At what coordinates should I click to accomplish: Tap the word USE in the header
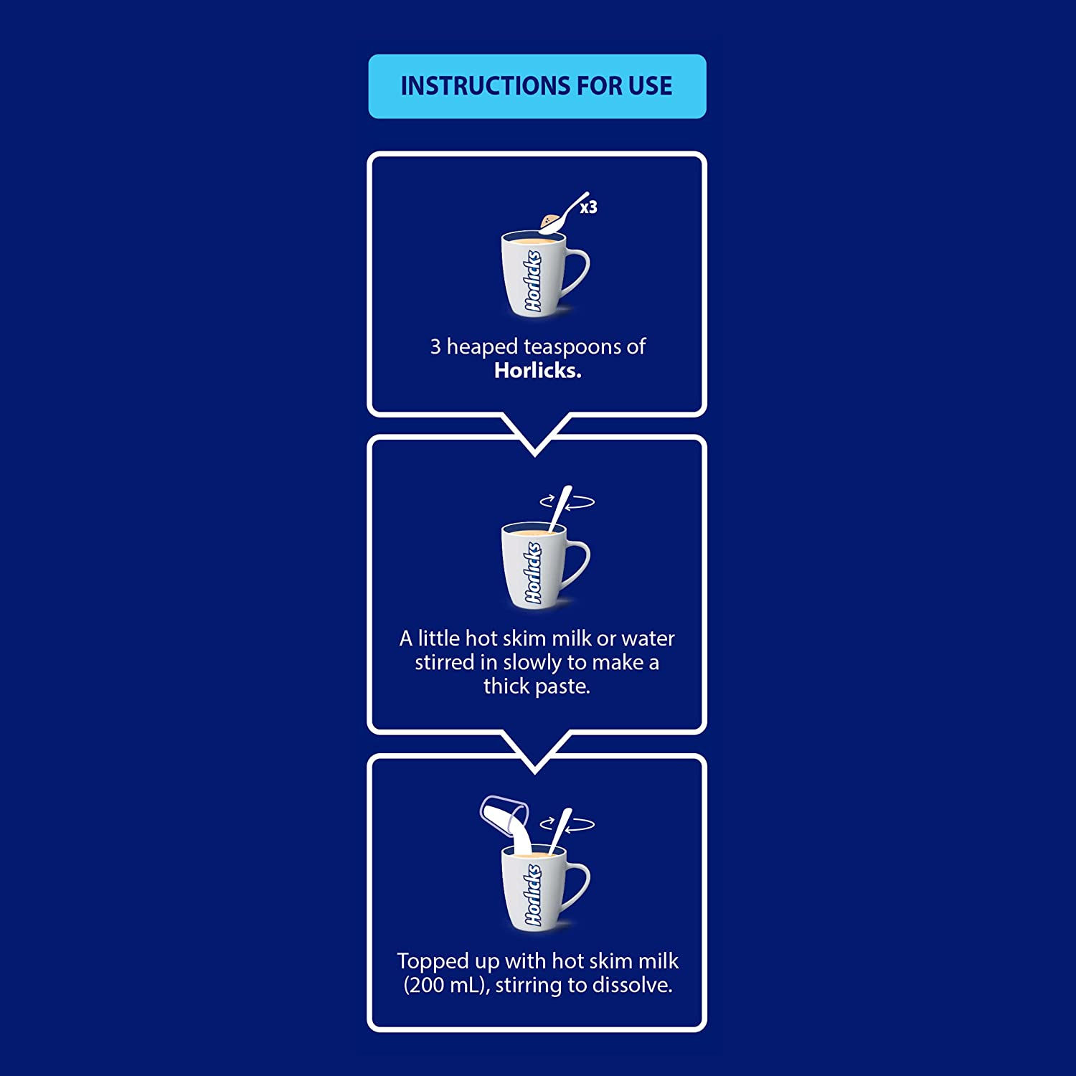coord(650,86)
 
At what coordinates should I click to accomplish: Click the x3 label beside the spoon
coord(588,207)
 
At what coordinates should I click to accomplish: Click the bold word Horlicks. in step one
coord(537,371)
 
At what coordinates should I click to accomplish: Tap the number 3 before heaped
coord(435,347)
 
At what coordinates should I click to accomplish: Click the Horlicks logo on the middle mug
coord(532,572)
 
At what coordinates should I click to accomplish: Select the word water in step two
coord(648,638)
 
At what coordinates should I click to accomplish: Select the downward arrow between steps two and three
coord(535,754)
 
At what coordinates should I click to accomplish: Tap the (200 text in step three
coord(424,986)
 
